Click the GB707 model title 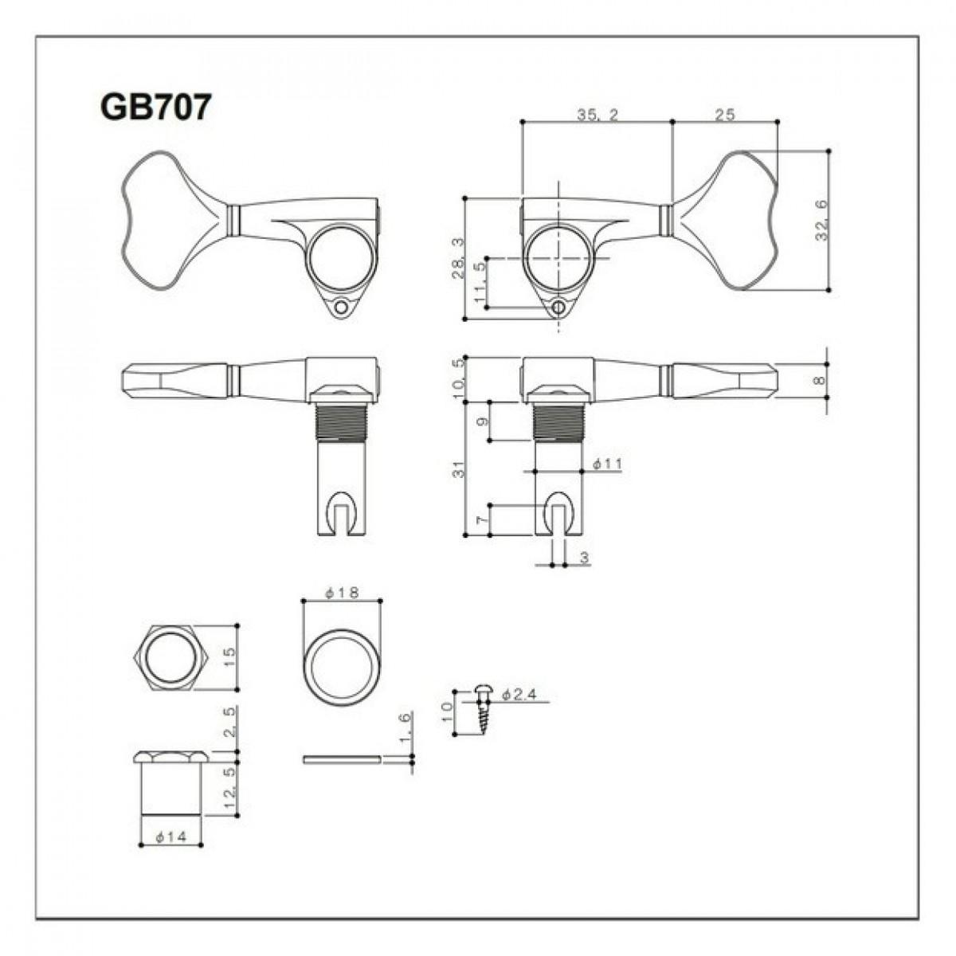155,108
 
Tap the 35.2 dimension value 597,115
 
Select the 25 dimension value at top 724,115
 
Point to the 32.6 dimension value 821,220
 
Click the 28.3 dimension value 458,258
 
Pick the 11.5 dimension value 480,283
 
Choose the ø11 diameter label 607,464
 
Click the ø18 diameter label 342,593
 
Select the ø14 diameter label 170,837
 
